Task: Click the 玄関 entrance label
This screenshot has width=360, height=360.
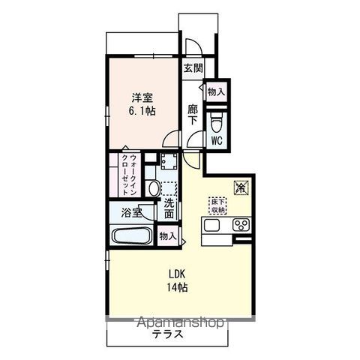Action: pyautogui.click(x=193, y=68)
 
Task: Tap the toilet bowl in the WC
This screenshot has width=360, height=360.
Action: pyautogui.click(x=216, y=121)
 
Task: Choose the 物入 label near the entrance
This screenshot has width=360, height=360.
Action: pyautogui.click(x=216, y=91)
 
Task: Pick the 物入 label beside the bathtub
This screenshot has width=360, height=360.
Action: pyautogui.click(x=168, y=236)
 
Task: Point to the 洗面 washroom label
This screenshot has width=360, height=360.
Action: pyautogui.click(x=169, y=208)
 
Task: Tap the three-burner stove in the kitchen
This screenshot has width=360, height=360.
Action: pyautogui.click(x=241, y=225)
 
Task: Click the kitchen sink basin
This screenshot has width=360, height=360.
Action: pyautogui.click(x=210, y=225)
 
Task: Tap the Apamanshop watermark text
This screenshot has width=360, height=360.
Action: pyautogui.click(x=179, y=322)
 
